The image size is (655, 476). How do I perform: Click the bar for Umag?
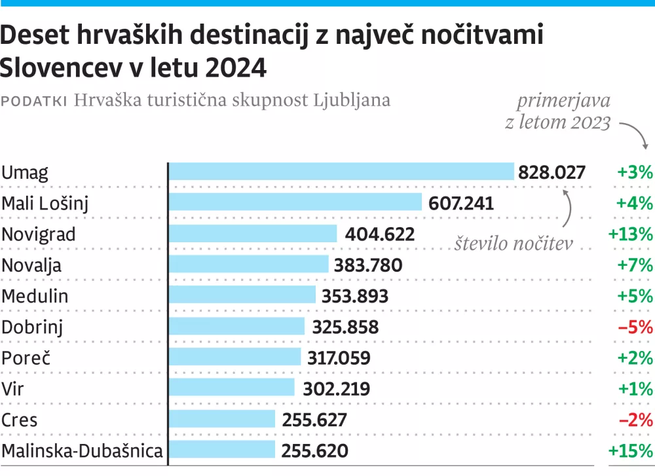pos(341,172)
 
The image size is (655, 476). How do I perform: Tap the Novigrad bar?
pos(253,234)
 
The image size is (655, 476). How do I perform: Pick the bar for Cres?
pos(222,420)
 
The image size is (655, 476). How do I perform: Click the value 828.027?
pos(552,173)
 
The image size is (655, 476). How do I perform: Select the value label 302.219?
pos(337,389)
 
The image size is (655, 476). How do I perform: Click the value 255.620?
pos(315,451)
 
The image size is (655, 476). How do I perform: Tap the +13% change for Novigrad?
pos(631,234)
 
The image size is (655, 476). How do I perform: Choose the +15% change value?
pos(631,451)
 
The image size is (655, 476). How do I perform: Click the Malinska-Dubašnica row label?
pos(82,451)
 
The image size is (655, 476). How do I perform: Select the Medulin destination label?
pos(35,296)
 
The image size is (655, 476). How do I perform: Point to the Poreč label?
pos(26,358)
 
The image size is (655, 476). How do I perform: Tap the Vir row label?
pos(13,389)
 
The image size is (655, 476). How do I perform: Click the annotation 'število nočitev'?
pos(514,244)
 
